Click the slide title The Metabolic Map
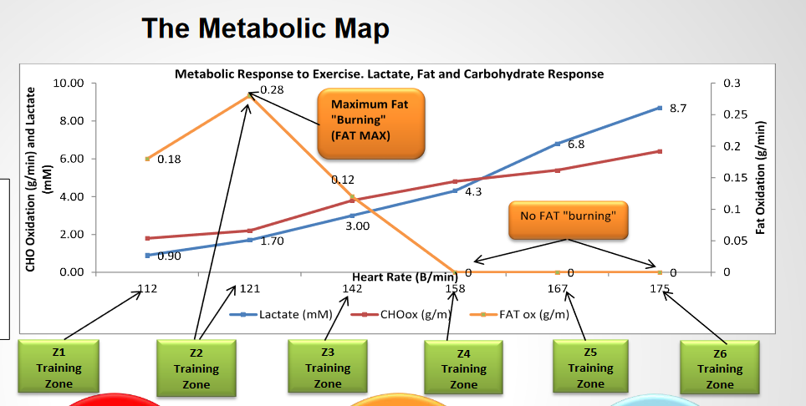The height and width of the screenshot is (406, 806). pyautogui.click(x=266, y=28)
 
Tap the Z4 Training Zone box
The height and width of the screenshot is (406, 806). pyautogui.click(x=463, y=368)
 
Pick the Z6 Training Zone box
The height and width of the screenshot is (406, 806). pyautogui.click(x=719, y=368)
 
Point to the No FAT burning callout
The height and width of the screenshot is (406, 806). pyautogui.click(x=568, y=216)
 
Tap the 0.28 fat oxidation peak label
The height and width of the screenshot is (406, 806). pyautogui.click(x=272, y=89)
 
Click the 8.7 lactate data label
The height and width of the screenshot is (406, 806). pyautogui.click(x=679, y=109)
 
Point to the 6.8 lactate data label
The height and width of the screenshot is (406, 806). pyautogui.click(x=576, y=144)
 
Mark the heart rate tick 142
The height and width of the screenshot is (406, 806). pyautogui.click(x=353, y=289)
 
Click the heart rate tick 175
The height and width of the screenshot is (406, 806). pyautogui.click(x=661, y=289)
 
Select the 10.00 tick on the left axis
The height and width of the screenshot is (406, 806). pyautogui.click(x=69, y=84)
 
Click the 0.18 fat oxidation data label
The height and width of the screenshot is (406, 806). pyautogui.click(x=169, y=160)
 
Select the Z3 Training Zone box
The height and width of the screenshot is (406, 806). pyautogui.click(x=328, y=366)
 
